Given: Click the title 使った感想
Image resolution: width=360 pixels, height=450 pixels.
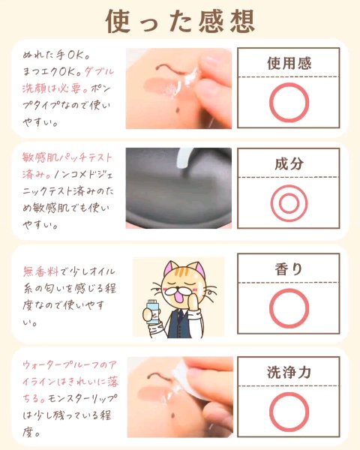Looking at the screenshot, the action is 181,21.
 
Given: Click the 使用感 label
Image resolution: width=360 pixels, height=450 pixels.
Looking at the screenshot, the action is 289,63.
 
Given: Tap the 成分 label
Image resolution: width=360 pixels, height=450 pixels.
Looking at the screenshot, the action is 289,163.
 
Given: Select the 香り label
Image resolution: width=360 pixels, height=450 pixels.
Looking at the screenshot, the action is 289,269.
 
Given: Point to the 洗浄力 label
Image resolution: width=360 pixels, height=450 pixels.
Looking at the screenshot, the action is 289,372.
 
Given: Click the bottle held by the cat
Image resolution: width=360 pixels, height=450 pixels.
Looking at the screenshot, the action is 151,312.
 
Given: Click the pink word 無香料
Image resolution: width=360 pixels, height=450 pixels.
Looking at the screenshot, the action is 40,271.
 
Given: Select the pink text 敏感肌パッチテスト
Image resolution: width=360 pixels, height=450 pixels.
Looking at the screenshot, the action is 67,157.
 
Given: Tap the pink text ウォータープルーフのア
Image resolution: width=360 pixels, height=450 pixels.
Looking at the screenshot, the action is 70,365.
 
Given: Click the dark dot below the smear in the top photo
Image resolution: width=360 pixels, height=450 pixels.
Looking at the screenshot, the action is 177,110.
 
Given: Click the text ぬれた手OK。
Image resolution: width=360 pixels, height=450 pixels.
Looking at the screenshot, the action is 55,55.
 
